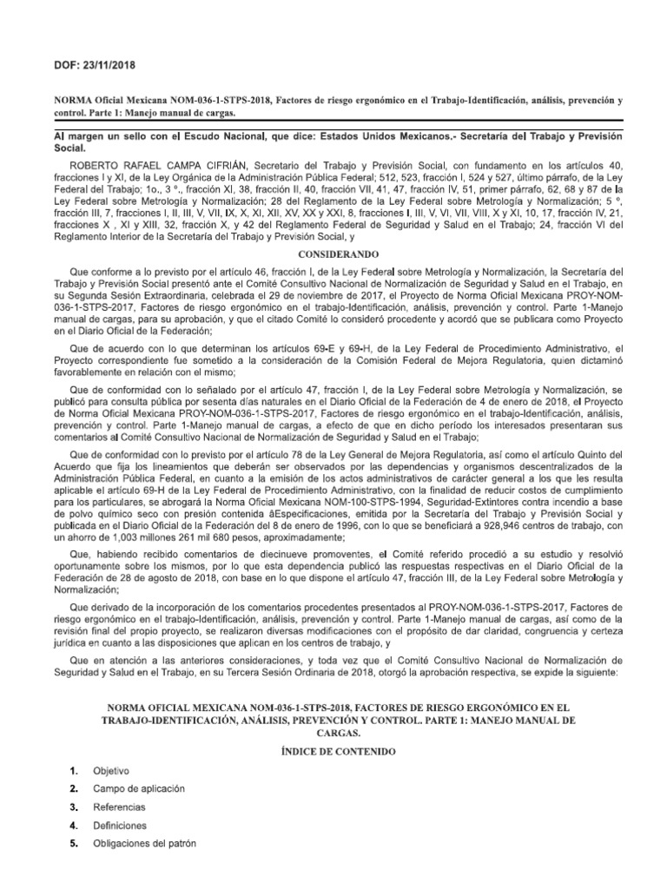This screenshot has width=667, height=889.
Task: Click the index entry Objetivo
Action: pos(111,770)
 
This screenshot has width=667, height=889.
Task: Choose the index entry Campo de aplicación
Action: pos(137,788)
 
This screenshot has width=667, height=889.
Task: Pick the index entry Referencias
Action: pos(121,807)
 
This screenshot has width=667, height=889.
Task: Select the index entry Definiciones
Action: pos(121,825)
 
